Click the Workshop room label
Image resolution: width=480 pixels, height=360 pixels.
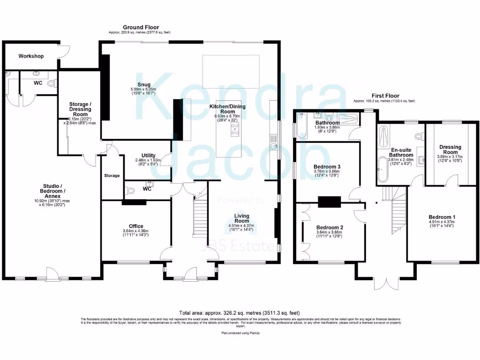point(31,56)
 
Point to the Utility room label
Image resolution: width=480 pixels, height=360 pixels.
point(149,156)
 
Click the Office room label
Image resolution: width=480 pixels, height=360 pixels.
point(136,226)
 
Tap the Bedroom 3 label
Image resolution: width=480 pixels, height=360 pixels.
point(327,167)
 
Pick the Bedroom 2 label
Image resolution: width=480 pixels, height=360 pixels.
point(330,228)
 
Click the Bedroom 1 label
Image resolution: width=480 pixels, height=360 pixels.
point(442,217)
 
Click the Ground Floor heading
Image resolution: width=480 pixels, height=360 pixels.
point(141,28)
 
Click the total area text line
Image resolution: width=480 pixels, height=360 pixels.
point(240,313)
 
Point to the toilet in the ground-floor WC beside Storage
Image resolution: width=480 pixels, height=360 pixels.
point(131,190)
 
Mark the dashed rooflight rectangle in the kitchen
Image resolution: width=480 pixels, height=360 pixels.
point(231,71)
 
